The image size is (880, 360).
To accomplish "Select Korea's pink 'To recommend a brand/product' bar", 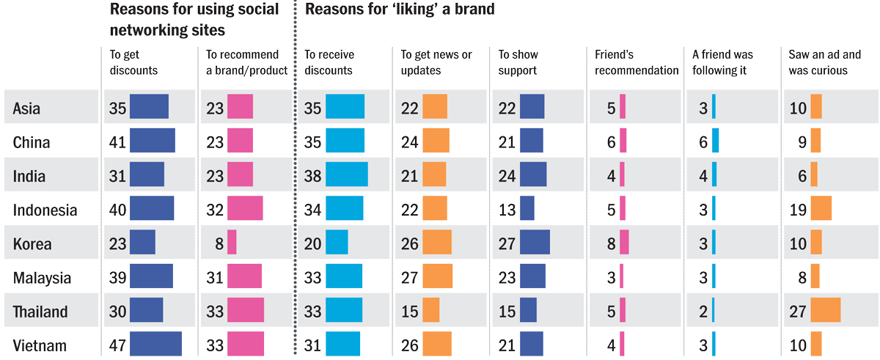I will click(232, 243).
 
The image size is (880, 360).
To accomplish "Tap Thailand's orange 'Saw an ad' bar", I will click(826, 310).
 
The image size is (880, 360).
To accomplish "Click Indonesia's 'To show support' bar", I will click(527, 209).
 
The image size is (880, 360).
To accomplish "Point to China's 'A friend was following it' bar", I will click(715, 141).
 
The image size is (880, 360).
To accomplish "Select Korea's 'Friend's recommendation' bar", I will click(624, 243).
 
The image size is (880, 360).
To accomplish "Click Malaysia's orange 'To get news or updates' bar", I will click(437, 276).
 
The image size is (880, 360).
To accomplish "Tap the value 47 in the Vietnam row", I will click(117, 345).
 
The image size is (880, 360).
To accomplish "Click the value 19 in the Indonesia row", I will click(798, 209).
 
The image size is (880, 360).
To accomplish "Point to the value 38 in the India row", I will click(312, 175).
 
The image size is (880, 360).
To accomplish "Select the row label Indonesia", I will click(45, 210).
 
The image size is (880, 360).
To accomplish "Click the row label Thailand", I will click(40, 312).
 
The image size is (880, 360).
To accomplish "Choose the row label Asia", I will click(26, 109).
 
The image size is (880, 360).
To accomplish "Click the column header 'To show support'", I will click(518, 62).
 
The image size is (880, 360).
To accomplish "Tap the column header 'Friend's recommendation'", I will click(637, 62).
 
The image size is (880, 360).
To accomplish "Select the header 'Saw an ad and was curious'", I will click(825, 62).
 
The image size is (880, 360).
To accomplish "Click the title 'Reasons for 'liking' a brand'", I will click(400, 10).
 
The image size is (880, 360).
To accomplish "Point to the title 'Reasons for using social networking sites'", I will click(194, 20).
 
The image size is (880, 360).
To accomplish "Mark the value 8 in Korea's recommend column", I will click(219, 243).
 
